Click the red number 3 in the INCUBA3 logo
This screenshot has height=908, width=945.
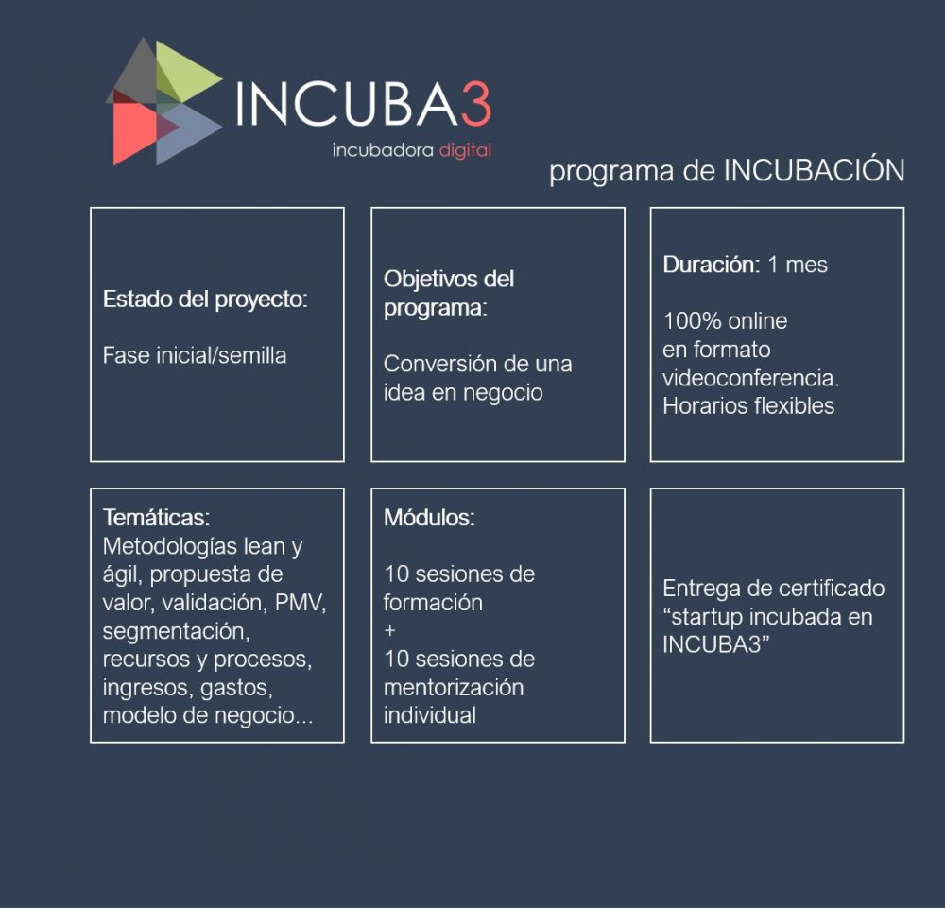tap(476, 104)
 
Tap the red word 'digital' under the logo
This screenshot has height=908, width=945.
tap(465, 150)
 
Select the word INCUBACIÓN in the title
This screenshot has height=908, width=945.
tap(814, 170)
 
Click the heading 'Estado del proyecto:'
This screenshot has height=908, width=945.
tap(205, 299)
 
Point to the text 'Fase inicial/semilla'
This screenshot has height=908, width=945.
tap(195, 355)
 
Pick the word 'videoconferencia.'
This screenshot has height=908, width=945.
tap(751, 378)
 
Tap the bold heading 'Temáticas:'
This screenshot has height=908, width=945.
tap(156, 518)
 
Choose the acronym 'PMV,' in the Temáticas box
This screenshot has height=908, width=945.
tap(301, 603)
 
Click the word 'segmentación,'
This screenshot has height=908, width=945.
tap(176, 631)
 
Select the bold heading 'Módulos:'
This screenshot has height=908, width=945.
tap(429, 518)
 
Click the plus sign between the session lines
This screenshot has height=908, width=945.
tap(390, 630)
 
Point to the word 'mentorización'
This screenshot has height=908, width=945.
tap(454, 688)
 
